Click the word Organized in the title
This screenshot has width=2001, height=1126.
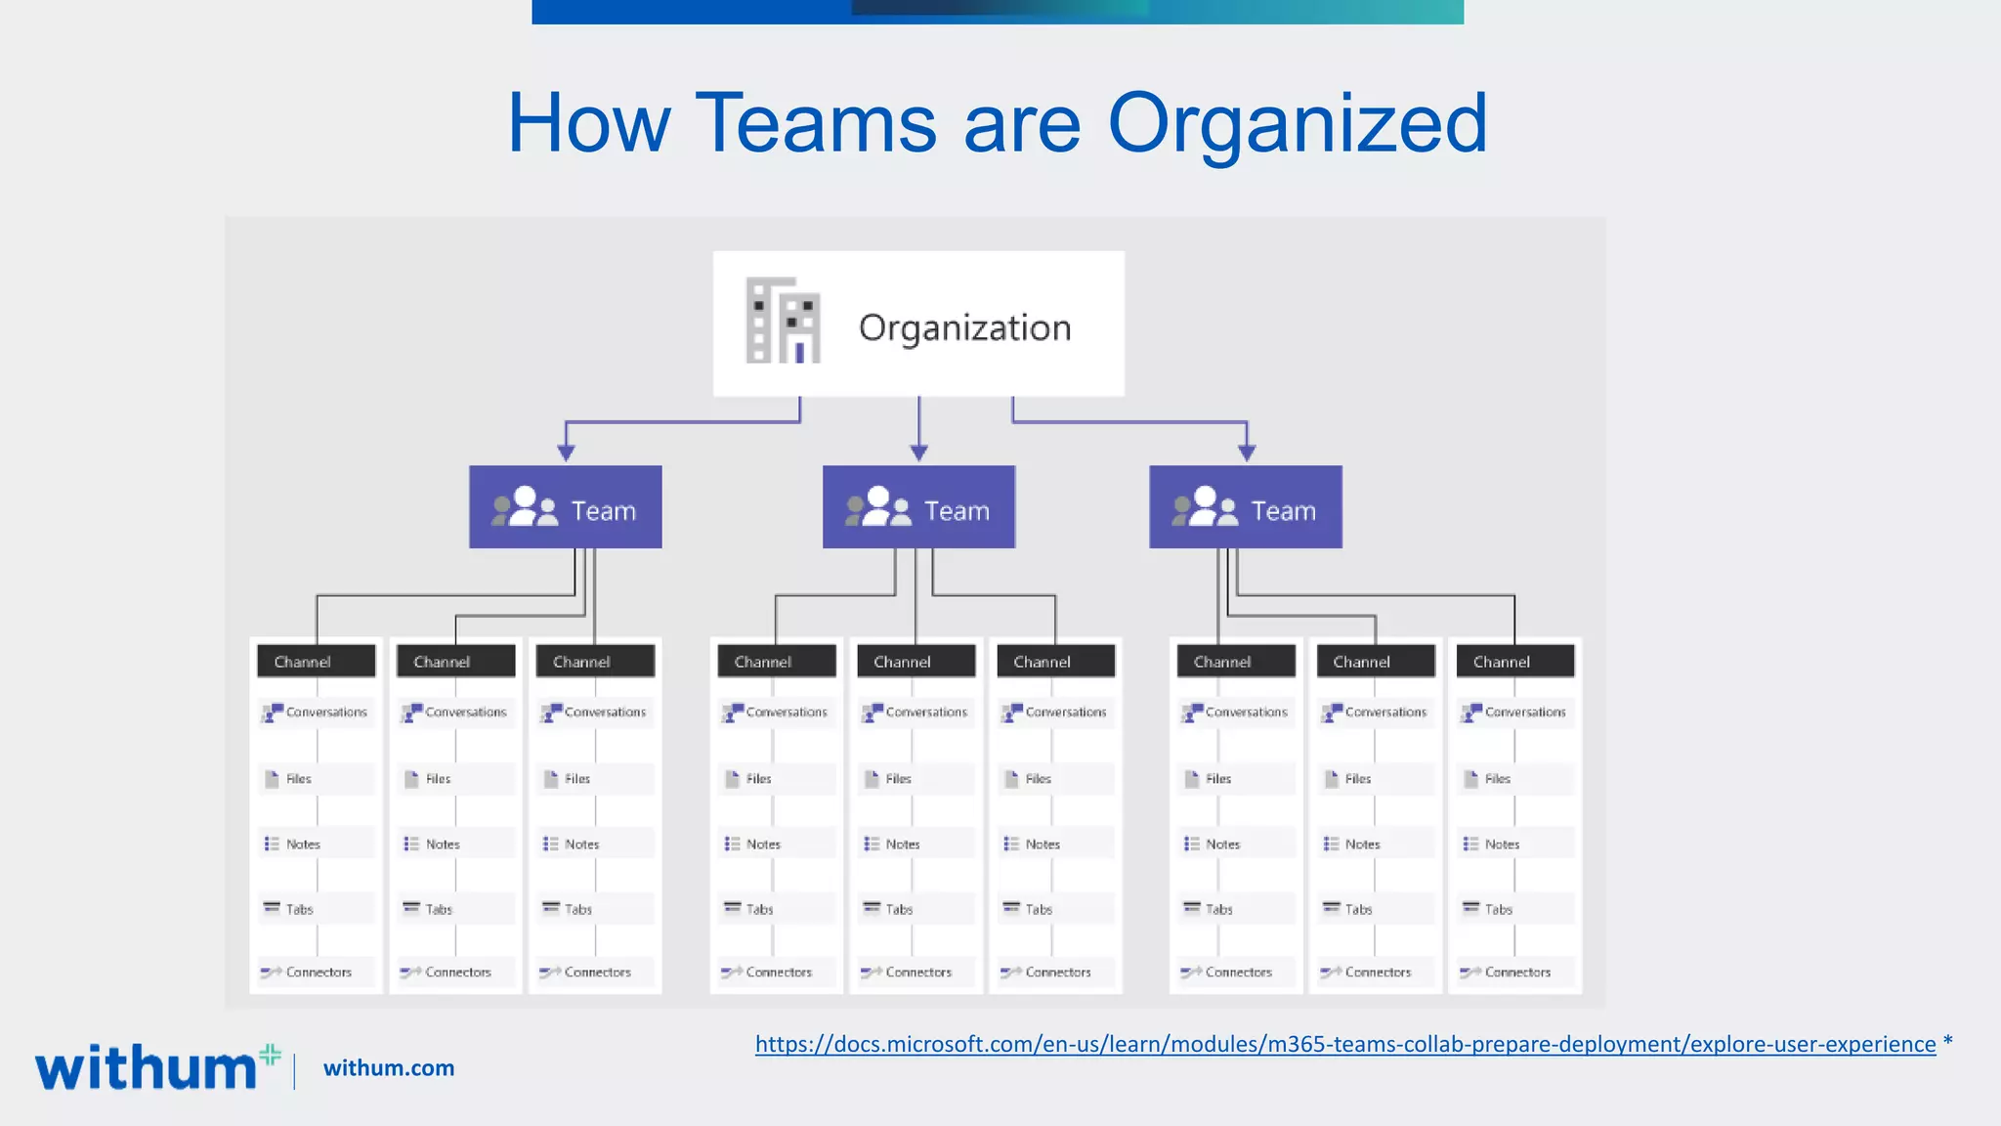(x=1297, y=124)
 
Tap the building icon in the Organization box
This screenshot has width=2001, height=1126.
(x=783, y=321)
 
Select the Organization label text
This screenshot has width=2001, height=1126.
(x=964, y=327)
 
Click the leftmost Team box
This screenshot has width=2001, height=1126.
(x=565, y=507)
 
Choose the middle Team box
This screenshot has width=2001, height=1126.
(x=918, y=507)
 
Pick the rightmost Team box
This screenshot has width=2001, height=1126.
(x=1245, y=507)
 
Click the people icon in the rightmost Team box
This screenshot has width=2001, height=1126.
(x=1205, y=507)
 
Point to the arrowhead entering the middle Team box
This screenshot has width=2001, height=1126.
(x=918, y=453)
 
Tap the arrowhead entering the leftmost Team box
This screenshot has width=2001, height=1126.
(x=566, y=453)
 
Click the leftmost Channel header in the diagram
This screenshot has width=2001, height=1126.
(x=316, y=662)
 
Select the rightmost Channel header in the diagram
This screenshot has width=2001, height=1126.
(x=1514, y=662)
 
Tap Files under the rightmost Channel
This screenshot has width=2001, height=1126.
(x=1497, y=779)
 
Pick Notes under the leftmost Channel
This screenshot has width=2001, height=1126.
(x=302, y=844)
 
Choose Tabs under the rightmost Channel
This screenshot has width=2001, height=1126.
(x=1497, y=910)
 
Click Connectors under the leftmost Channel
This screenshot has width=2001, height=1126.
(x=318, y=973)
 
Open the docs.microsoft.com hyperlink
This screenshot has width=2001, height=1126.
(x=1344, y=1045)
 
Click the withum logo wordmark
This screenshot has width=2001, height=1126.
(x=147, y=1067)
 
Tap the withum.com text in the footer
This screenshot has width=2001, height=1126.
(x=389, y=1068)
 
